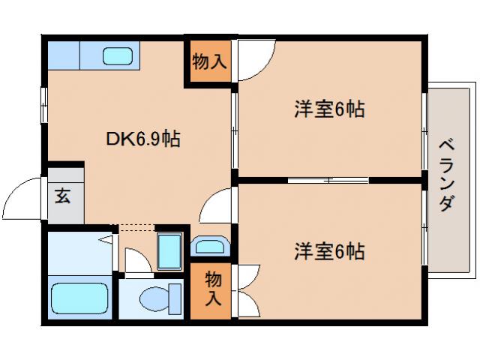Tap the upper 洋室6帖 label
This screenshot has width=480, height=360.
point(329,110)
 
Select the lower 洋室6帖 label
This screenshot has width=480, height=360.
point(329,252)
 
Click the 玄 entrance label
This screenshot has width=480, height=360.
point(63,197)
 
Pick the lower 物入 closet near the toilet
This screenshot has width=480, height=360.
point(212,288)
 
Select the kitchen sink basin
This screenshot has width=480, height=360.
point(117,56)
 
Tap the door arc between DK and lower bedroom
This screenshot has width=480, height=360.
point(218,205)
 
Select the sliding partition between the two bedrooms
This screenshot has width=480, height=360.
point(328,180)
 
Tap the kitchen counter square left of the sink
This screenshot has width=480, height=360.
point(63,55)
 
